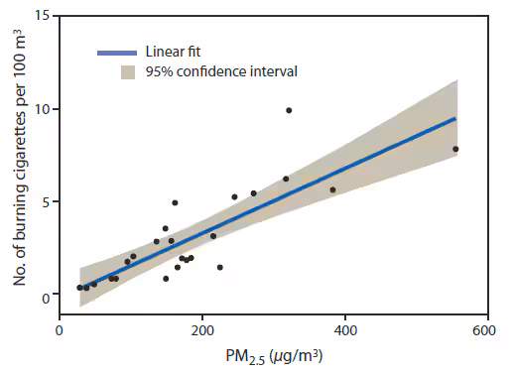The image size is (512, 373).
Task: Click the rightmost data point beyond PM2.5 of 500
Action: click(x=455, y=149)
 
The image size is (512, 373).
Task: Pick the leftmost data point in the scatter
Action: click(x=79, y=288)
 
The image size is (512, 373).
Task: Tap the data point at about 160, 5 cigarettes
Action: click(x=175, y=202)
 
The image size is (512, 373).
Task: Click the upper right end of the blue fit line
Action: click(x=455, y=118)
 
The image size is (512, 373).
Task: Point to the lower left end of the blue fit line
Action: click(x=79, y=289)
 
